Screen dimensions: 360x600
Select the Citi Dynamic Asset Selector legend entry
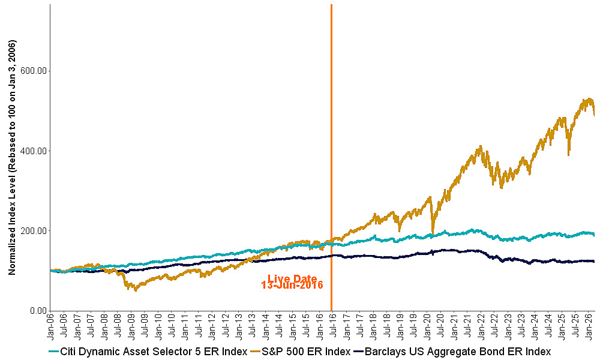point(148,352)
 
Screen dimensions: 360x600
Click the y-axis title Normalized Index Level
point(12,157)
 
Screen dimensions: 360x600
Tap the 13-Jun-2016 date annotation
point(292,286)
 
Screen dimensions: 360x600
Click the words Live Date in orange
point(292,278)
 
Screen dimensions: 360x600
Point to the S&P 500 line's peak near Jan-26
point(589,99)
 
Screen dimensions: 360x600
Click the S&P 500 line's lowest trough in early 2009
point(136,290)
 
